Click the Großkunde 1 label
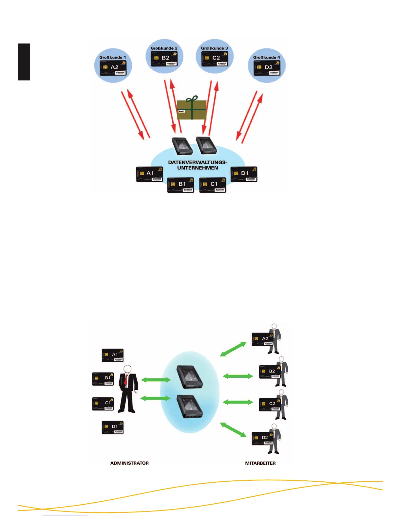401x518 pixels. click(x=112, y=57)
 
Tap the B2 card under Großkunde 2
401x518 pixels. click(x=164, y=58)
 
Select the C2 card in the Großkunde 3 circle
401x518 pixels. click(x=215, y=58)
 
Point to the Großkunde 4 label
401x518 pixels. click(x=266, y=57)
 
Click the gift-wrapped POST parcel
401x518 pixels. click(x=192, y=110)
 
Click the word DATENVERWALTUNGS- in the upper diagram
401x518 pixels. click(x=198, y=162)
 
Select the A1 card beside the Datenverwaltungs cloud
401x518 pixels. click(x=149, y=174)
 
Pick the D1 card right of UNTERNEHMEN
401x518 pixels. click(x=244, y=174)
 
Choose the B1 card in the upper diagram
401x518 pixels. click(x=181, y=185)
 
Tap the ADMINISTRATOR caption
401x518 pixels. click(x=129, y=463)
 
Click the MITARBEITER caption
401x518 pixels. click(x=260, y=463)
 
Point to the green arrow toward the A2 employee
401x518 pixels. click(x=233, y=349)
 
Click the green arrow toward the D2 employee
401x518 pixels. click(x=233, y=429)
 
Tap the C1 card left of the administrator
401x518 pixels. click(x=103, y=404)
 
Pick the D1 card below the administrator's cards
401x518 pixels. click(x=112, y=427)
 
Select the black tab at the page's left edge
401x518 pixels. click(x=24, y=62)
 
